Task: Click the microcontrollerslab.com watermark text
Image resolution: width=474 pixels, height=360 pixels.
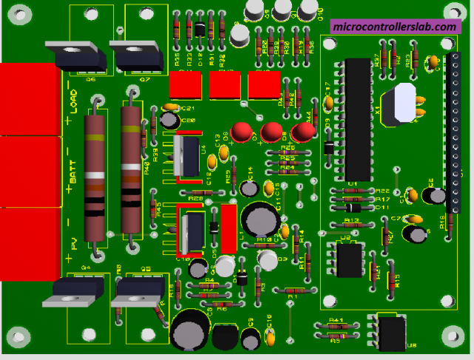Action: click(394, 26)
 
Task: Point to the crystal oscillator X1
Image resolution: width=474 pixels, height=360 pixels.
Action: click(399, 103)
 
